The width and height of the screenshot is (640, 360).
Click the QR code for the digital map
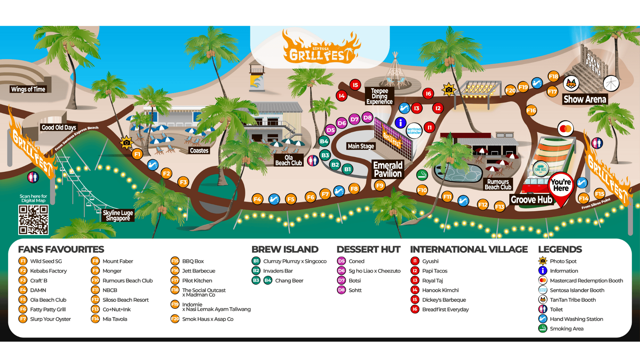click(x=33, y=219)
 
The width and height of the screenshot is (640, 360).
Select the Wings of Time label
click(x=28, y=89)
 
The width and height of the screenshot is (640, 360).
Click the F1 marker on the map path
click(x=137, y=154)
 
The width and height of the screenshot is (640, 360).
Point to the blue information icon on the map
click(x=400, y=122)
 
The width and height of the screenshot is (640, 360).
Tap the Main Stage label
click(x=361, y=146)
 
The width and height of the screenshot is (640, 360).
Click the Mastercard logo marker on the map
click(x=566, y=129)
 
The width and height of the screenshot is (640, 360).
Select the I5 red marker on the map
click(x=355, y=85)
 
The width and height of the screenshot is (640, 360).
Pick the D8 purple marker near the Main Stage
click(x=367, y=118)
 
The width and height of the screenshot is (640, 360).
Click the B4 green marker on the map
click(x=324, y=141)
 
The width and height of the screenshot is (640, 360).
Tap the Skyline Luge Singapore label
click(x=118, y=215)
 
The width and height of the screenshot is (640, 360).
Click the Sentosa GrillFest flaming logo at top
click(x=321, y=49)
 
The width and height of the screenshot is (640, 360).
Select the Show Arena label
click(x=585, y=99)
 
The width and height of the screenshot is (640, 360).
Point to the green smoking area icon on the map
click(x=422, y=175)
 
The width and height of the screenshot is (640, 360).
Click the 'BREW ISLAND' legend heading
click(x=285, y=249)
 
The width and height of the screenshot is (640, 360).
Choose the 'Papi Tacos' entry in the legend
click(x=434, y=271)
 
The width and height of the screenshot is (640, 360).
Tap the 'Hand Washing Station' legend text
click(x=576, y=319)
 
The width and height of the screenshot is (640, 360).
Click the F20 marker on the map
click(x=510, y=91)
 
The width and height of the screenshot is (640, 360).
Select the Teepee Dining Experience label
click(x=379, y=96)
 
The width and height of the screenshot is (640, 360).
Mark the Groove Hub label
click(x=531, y=200)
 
